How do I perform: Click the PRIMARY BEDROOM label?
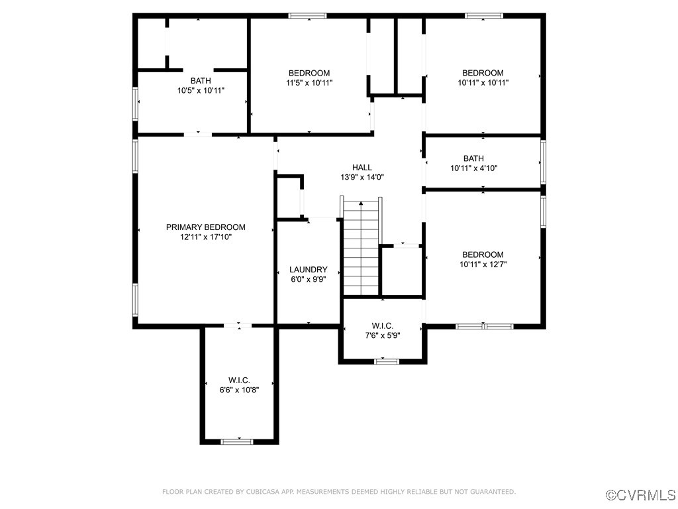(205, 227)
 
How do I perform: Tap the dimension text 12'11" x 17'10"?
(205, 237)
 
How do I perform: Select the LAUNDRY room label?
(309, 269)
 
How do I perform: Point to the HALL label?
(362, 168)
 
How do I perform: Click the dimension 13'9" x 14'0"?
(362, 178)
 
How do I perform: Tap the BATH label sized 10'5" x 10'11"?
(201, 81)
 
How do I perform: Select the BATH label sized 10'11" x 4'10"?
(473, 158)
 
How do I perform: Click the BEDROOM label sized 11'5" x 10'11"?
(309, 73)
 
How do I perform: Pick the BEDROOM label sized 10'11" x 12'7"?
(483, 254)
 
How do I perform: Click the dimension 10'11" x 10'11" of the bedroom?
(483, 83)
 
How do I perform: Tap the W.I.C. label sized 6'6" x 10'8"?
(239, 380)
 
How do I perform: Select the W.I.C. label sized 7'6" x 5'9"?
(383, 325)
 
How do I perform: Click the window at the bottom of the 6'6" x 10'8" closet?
(236, 441)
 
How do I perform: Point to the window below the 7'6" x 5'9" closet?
(386, 361)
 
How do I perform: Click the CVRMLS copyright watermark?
(641, 495)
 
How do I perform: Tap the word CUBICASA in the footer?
(265, 492)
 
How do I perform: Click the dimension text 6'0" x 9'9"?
(309, 279)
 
